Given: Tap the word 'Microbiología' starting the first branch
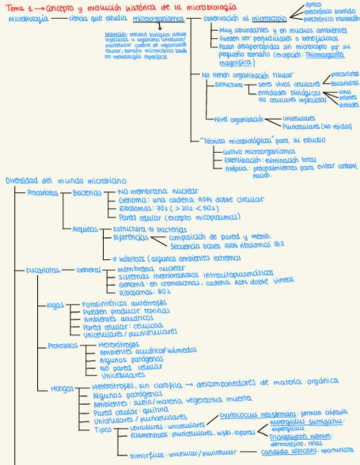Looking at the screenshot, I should [28, 19].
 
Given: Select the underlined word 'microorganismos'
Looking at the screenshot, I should [158, 19].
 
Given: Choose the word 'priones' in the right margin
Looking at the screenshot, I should [348, 98].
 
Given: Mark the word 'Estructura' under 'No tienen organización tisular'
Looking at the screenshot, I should [228, 85].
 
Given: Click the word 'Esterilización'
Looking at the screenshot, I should [237, 160].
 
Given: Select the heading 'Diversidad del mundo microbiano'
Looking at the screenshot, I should [65, 180].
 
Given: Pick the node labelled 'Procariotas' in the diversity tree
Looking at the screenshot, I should [43, 192].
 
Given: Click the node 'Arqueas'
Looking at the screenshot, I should [85, 229].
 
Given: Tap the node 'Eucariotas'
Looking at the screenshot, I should [43, 270].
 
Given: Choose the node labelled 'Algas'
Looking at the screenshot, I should [55, 305].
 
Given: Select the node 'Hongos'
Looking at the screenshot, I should [62, 389].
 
